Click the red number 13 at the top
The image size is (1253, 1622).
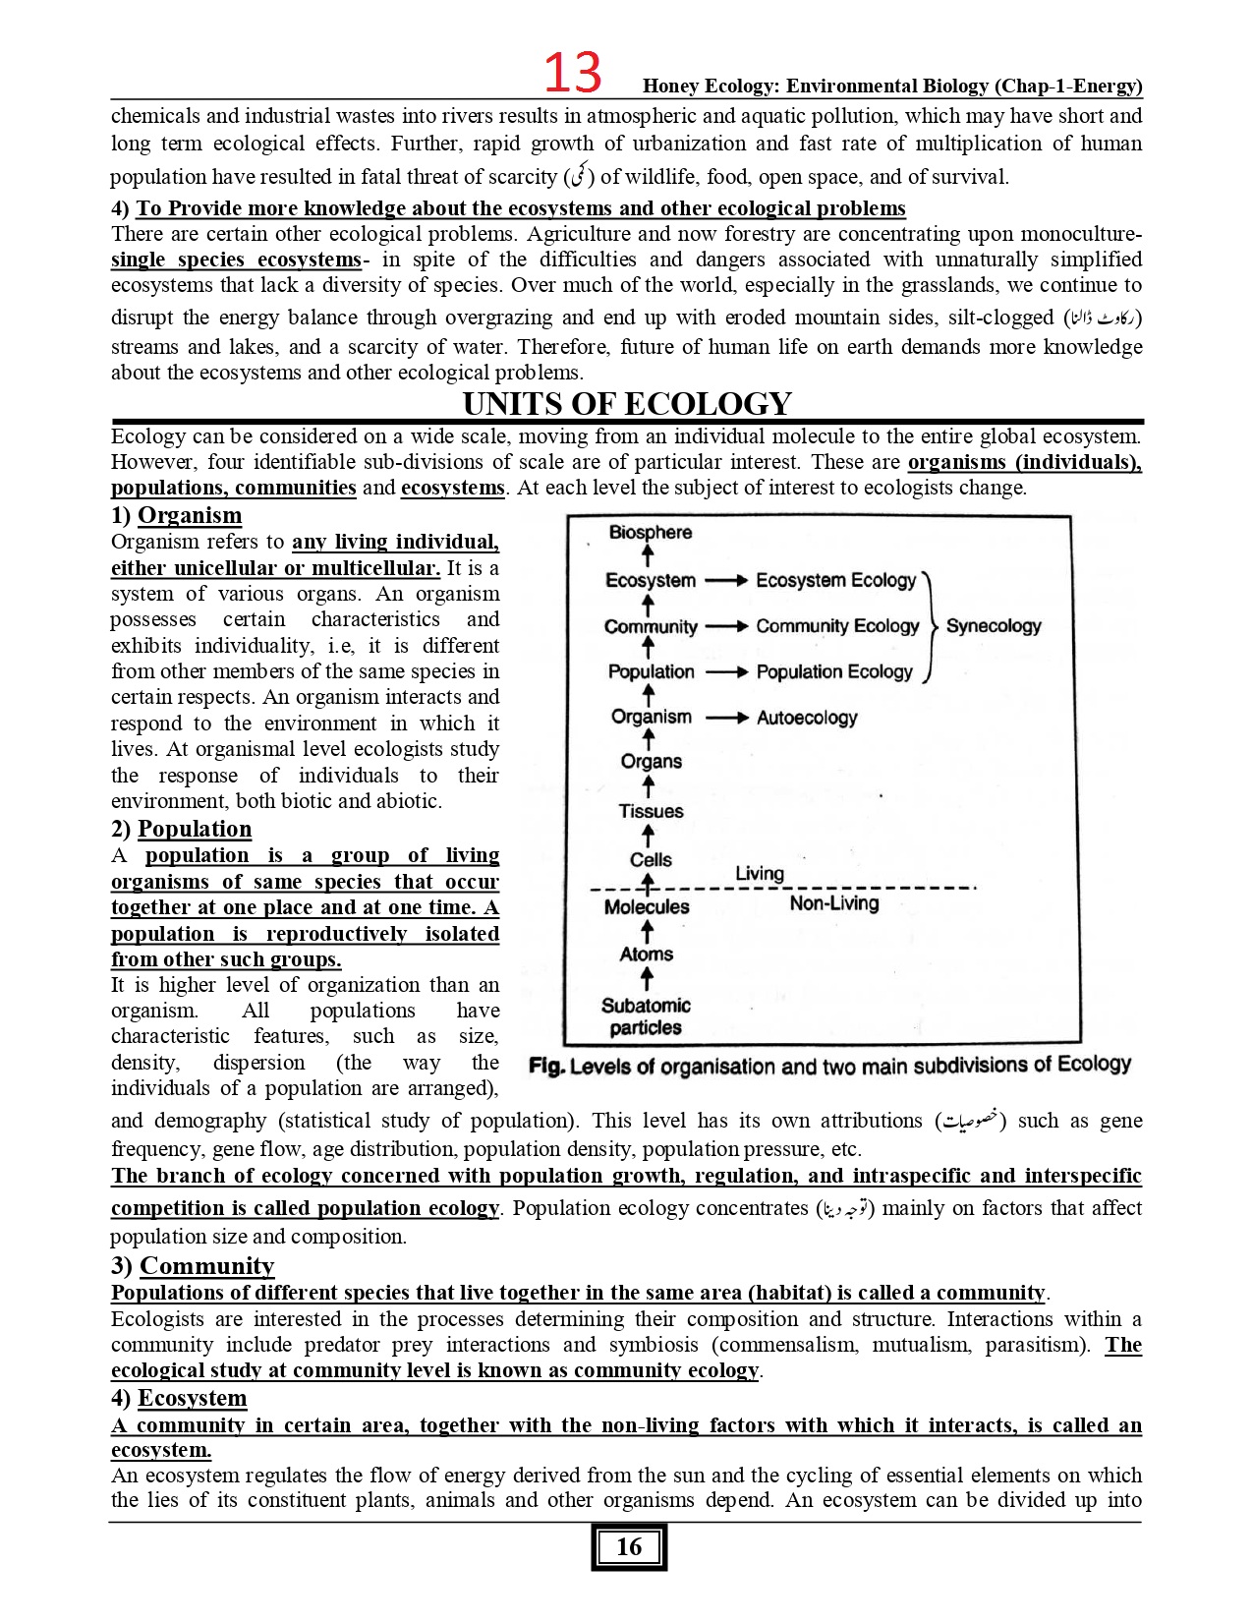click(572, 73)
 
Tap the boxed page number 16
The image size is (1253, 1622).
click(629, 1547)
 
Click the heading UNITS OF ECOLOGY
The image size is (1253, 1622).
click(627, 404)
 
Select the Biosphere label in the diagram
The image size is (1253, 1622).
click(650, 532)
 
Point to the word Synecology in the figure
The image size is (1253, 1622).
click(993, 626)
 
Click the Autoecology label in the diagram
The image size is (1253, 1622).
click(806, 718)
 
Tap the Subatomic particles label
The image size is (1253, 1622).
click(646, 1016)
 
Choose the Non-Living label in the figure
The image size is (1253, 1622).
click(833, 903)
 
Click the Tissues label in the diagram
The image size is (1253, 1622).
click(651, 811)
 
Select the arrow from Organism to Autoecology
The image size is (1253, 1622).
click(727, 718)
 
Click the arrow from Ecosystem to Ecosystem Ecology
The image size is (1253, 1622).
click(727, 581)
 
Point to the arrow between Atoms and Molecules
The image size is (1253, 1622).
click(647, 931)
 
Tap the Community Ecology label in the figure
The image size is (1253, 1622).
click(837, 626)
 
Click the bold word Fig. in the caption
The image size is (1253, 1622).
click(546, 1067)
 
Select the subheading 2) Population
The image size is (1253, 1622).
click(182, 829)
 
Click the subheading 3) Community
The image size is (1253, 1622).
click(193, 1265)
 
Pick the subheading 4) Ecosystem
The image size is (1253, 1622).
click(179, 1398)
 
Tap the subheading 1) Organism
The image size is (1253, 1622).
click(177, 515)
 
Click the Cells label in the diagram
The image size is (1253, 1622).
click(651, 859)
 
